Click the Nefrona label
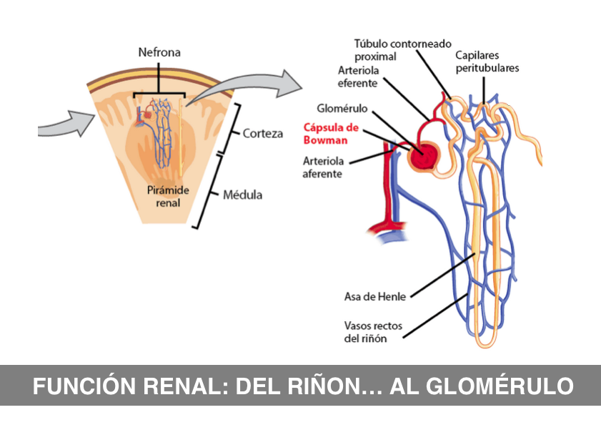(x=159, y=52)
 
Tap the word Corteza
(x=262, y=134)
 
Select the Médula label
(x=243, y=195)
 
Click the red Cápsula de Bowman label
(x=330, y=135)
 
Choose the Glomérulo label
(x=342, y=108)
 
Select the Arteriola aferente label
(x=323, y=167)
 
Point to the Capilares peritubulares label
(x=487, y=62)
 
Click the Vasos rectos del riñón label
(x=372, y=332)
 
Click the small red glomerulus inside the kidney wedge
(x=146, y=114)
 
